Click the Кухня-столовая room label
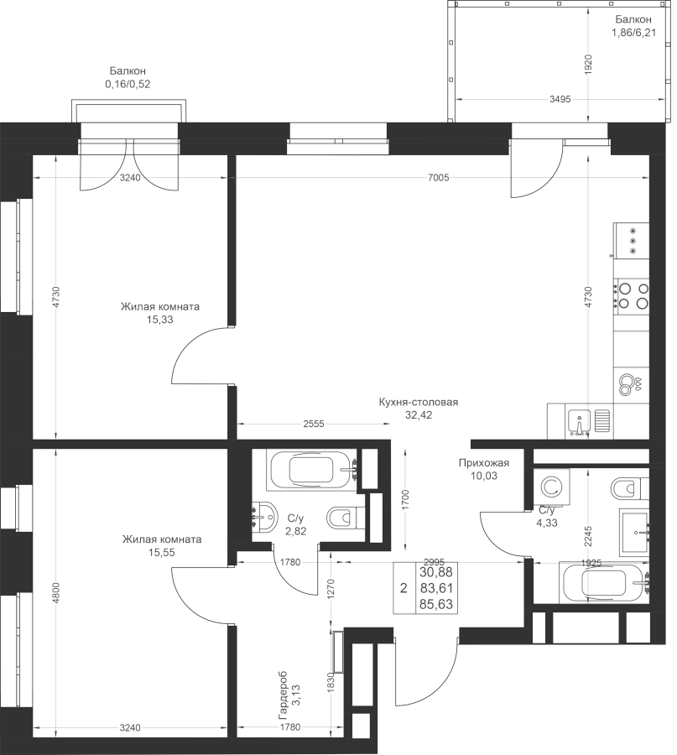[x=418, y=402]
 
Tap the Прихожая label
[x=483, y=463]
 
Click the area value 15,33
[x=160, y=320]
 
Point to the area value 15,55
[x=162, y=552]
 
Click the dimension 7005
[x=438, y=178]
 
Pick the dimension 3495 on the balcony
[x=560, y=99]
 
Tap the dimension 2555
[x=314, y=424]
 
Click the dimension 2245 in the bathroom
[x=588, y=535]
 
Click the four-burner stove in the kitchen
[x=631, y=295]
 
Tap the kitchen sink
[x=579, y=423]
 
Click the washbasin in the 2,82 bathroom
[x=264, y=518]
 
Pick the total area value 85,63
[x=435, y=604]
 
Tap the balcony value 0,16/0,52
[x=128, y=84]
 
